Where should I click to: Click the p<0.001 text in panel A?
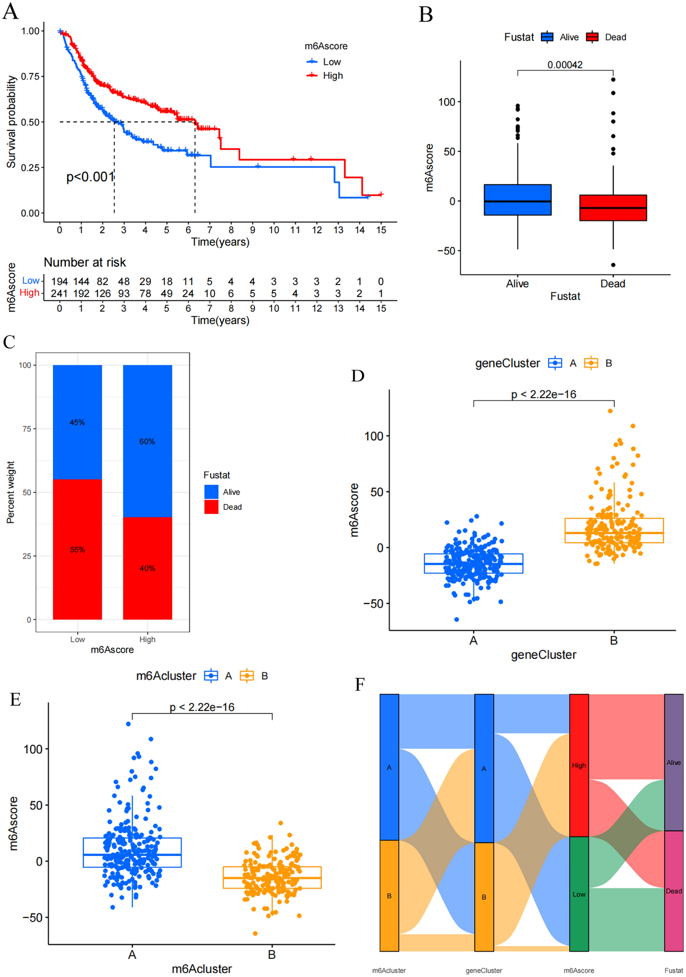[x=90, y=176]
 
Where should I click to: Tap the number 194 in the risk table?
[x=59, y=282]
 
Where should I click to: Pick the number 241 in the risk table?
[x=59, y=294]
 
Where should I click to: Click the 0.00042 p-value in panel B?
[x=565, y=65]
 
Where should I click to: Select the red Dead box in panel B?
[x=613, y=208]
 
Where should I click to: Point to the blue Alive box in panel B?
[x=517, y=200]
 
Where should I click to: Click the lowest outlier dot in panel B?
[x=613, y=264]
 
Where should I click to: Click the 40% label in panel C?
[x=147, y=568]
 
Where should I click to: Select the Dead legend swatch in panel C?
[x=211, y=507]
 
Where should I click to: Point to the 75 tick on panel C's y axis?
[x=27, y=429]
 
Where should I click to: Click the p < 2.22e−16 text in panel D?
[x=544, y=394]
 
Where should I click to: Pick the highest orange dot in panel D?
[x=610, y=411]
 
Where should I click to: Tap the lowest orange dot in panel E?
[x=255, y=933]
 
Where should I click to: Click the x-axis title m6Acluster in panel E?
[x=202, y=969]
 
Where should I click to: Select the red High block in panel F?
[x=579, y=765]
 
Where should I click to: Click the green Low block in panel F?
[x=579, y=894]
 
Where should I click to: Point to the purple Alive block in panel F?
[x=674, y=762]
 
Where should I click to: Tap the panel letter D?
[x=358, y=376]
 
